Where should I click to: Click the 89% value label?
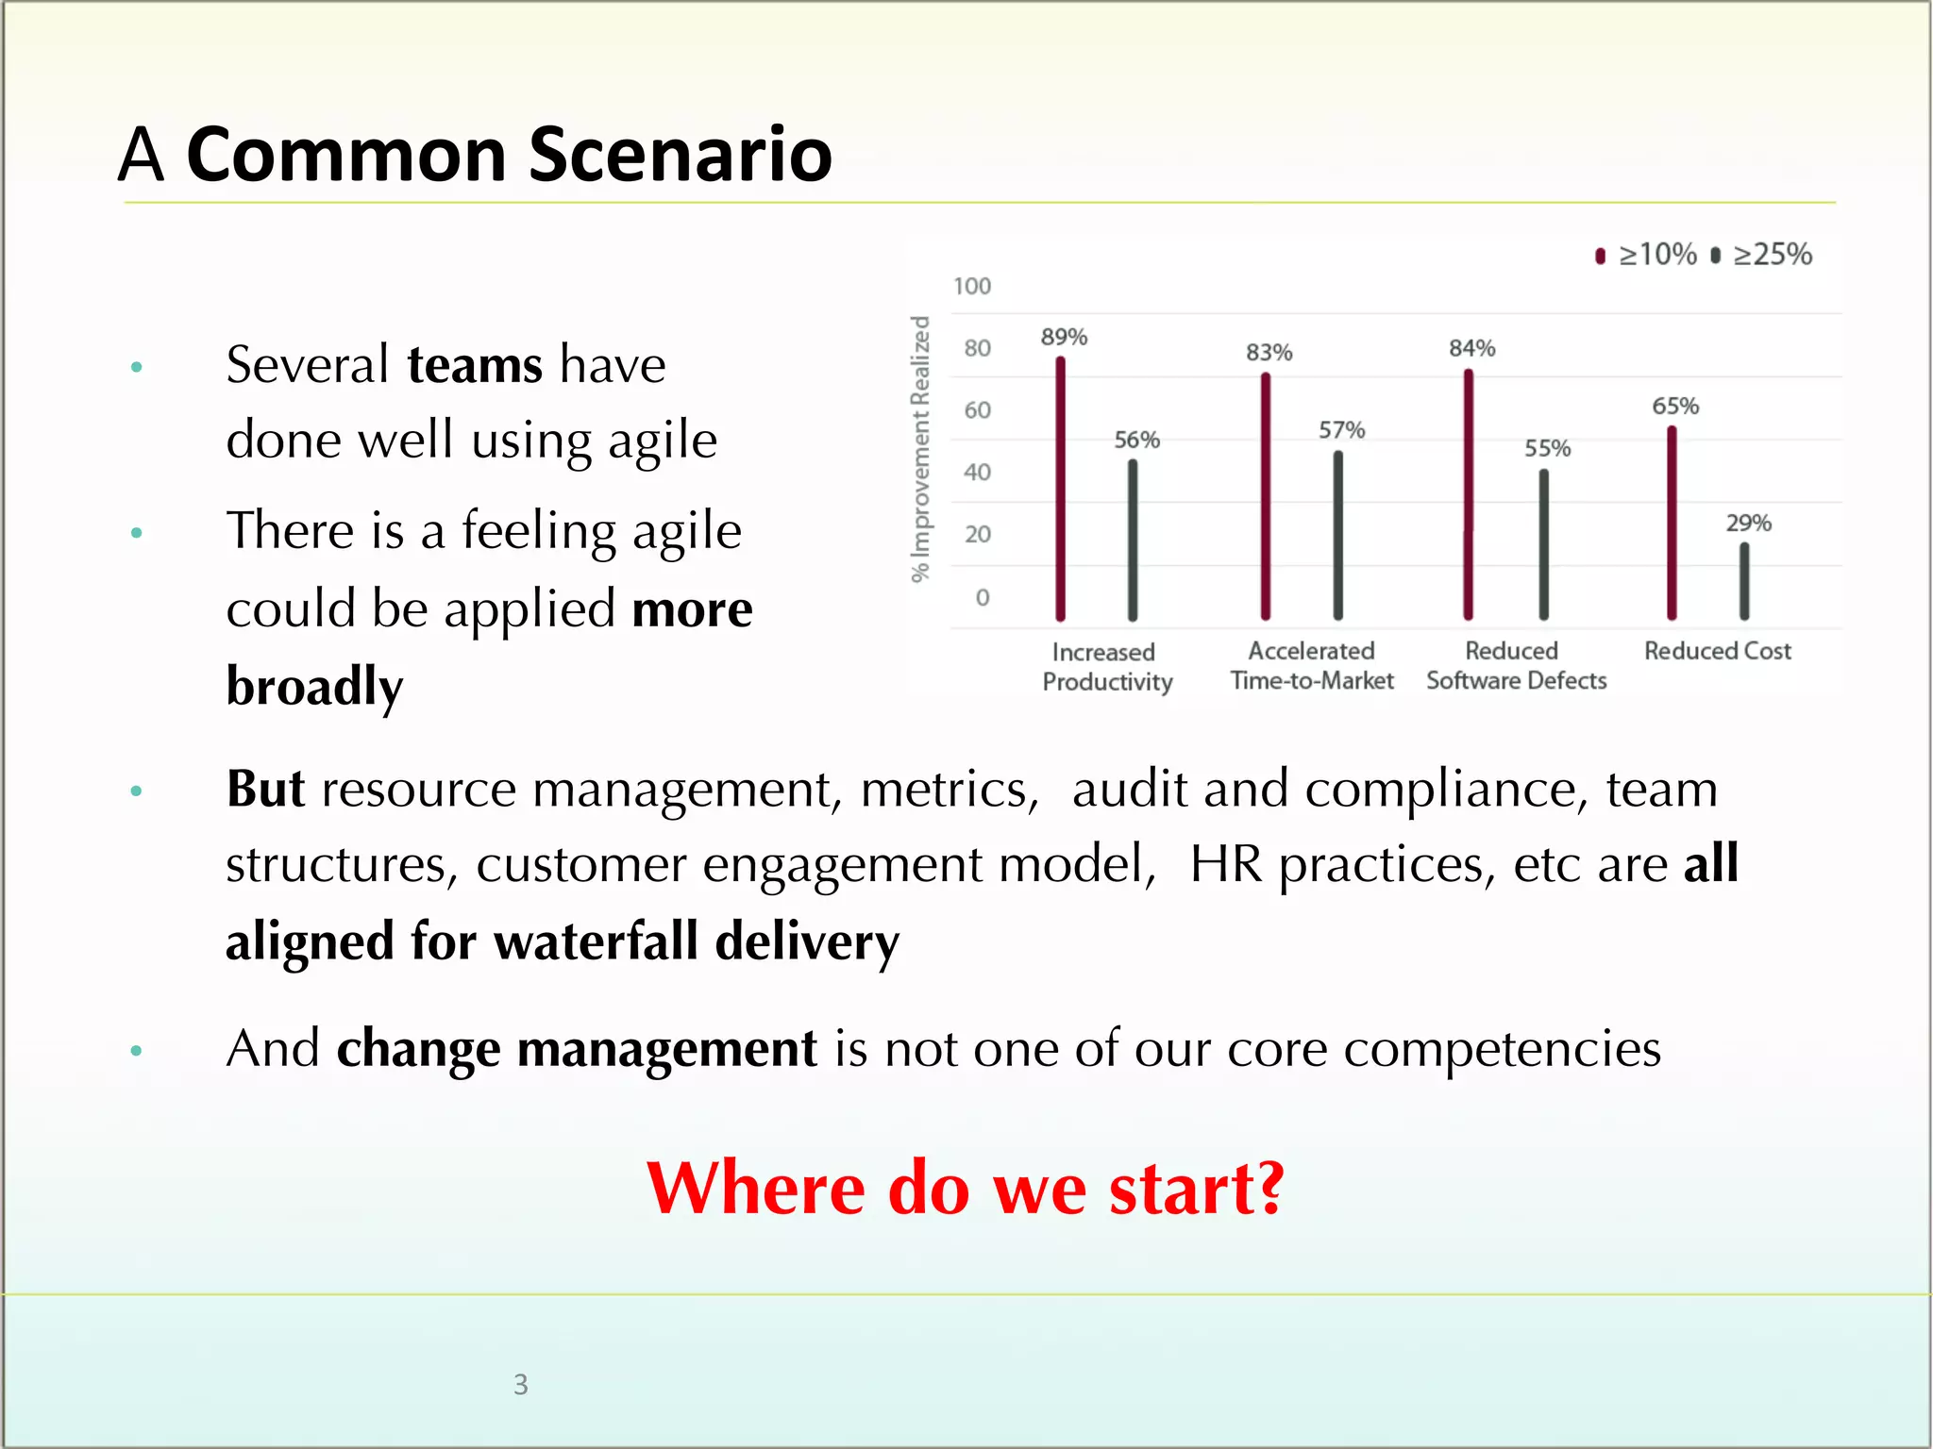(1064, 337)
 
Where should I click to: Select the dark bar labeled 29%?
(1744, 581)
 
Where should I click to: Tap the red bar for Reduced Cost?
(1672, 524)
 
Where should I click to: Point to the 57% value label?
(1341, 430)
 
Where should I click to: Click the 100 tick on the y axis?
(971, 286)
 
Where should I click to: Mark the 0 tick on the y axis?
(982, 597)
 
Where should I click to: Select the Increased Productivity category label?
(1106, 666)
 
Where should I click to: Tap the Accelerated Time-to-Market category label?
(1311, 665)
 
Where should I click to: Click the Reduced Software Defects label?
(1516, 665)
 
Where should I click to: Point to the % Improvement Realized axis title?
(920, 449)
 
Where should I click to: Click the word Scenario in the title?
(680, 154)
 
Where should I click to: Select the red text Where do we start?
(965, 1188)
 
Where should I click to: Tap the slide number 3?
(520, 1384)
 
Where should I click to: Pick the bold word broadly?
(314, 686)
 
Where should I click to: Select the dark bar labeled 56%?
(1133, 540)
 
